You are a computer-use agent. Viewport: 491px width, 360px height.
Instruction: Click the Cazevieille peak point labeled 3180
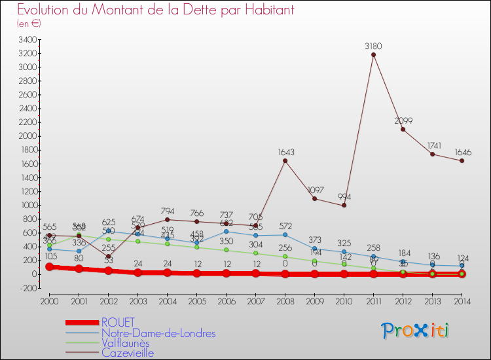click(x=373, y=55)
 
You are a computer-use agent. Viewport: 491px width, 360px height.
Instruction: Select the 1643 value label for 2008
click(x=285, y=152)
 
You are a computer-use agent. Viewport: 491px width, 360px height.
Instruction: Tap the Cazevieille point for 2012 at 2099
click(x=403, y=129)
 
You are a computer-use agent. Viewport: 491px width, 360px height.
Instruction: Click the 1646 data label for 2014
click(x=462, y=152)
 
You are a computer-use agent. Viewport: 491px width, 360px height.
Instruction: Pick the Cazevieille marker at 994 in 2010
click(x=344, y=205)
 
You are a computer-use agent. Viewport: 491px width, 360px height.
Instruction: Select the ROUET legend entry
click(x=118, y=322)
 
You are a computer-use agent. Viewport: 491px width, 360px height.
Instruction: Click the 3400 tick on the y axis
click(x=27, y=40)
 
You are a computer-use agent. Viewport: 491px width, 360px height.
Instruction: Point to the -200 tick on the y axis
click(x=27, y=287)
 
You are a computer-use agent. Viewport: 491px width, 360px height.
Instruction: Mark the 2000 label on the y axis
click(x=27, y=136)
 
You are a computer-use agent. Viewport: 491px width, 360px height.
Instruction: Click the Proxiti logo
click(x=416, y=331)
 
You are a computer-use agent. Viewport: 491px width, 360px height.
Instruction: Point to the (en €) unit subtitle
click(x=29, y=24)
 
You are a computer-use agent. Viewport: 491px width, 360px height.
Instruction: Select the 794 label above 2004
click(x=167, y=211)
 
